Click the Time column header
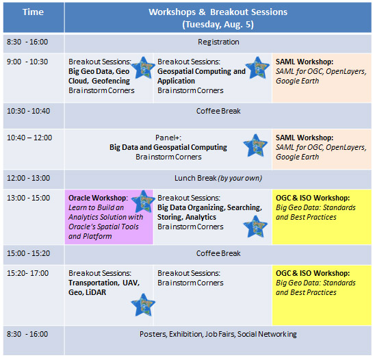(34, 12)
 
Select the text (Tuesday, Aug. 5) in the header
(218, 25)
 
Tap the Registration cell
(218, 42)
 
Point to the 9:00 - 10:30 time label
(27, 62)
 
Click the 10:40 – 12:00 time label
(29, 138)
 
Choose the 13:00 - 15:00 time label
(29, 198)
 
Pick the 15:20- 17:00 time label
(28, 273)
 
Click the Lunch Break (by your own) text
(218, 178)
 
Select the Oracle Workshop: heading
(98, 198)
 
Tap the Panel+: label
(168, 138)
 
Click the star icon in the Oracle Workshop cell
(143, 201)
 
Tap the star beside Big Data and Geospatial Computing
(255, 145)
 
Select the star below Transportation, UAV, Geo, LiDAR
(143, 305)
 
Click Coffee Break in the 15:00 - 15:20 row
(218, 253)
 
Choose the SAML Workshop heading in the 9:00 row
(305, 62)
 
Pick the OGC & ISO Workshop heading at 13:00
(313, 198)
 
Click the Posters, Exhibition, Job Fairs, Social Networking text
(218, 334)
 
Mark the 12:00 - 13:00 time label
(29, 178)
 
